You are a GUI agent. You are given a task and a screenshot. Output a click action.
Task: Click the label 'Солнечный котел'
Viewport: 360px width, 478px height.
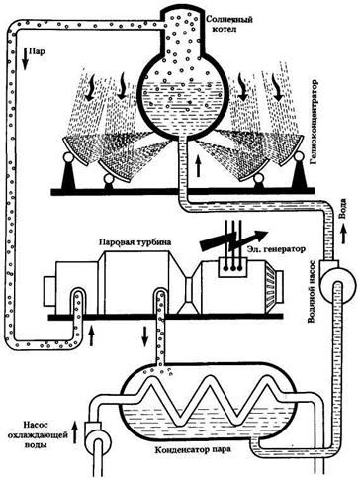229,24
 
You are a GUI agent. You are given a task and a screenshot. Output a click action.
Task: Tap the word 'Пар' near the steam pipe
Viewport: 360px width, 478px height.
35,51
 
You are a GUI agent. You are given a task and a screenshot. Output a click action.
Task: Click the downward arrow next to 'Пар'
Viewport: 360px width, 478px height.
25,58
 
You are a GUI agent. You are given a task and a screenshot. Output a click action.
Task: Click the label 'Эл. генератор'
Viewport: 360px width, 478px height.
275,249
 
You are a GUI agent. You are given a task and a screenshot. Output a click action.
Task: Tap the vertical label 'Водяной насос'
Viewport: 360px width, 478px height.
313,291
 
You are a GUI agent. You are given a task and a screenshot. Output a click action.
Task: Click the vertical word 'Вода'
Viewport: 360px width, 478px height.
343,209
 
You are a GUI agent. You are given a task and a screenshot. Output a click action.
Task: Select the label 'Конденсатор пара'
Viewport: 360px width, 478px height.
193,449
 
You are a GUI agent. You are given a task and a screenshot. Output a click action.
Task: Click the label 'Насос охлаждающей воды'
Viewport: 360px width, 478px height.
45,434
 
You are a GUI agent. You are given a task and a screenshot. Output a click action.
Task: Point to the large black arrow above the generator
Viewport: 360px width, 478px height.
233,239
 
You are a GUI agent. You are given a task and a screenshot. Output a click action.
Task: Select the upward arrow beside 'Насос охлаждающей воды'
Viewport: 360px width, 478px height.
75,431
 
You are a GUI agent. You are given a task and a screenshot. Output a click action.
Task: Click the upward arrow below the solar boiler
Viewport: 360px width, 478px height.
198,166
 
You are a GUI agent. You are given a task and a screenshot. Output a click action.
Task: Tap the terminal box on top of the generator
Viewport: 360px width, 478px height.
233,266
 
